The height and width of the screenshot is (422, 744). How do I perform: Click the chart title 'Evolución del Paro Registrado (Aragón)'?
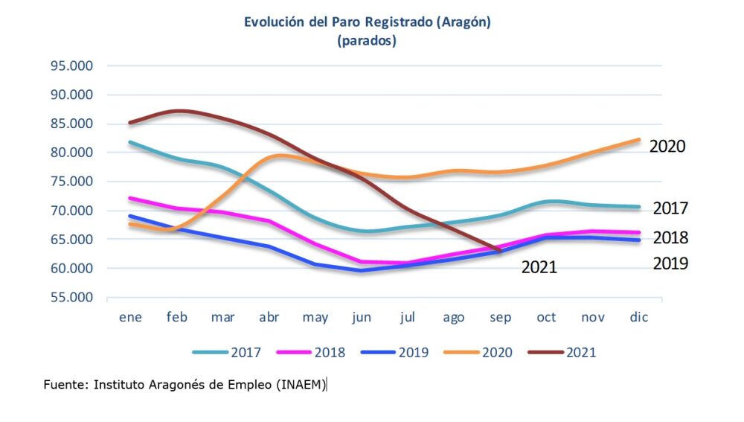(x=368, y=22)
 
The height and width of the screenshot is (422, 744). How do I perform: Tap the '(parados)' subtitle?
(x=367, y=41)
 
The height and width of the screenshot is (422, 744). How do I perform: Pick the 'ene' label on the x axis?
(x=131, y=317)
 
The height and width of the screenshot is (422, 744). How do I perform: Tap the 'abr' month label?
(x=269, y=317)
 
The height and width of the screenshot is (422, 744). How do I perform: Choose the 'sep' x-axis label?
(x=500, y=317)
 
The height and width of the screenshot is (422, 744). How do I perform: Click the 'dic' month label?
(x=638, y=317)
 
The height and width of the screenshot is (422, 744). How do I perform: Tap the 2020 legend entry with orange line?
(x=497, y=352)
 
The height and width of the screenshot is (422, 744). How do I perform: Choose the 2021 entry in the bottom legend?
(x=581, y=352)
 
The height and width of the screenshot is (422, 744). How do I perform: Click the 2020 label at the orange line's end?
(x=667, y=146)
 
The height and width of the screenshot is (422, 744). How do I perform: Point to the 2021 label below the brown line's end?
(x=539, y=267)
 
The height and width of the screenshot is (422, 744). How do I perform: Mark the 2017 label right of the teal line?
(x=670, y=208)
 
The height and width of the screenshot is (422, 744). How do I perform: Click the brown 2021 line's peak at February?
(x=177, y=110)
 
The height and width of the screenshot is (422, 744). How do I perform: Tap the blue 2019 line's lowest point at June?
(x=362, y=270)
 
